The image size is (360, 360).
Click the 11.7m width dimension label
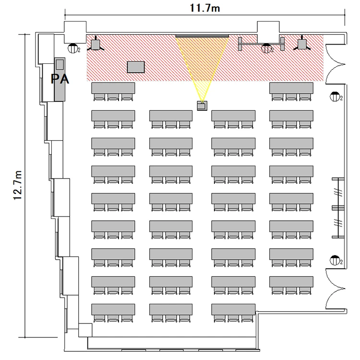click(x=205, y=8)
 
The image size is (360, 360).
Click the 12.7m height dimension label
click(x=17, y=185)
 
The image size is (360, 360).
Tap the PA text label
click(x=60, y=79)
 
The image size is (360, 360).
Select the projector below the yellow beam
click(x=202, y=106)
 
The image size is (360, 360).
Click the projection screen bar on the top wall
click(x=202, y=36)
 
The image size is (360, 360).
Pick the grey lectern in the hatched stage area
click(x=136, y=67)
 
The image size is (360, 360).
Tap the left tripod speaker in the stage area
click(x=96, y=44)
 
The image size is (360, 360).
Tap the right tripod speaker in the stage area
click(x=302, y=44)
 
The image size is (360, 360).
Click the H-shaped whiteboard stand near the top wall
click(x=261, y=44)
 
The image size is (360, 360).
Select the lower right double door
click(x=336, y=289)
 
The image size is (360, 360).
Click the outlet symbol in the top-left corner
click(x=73, y=48)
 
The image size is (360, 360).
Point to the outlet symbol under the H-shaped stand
click(x=266, y=48)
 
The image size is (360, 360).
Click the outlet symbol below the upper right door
click(x=335, y=96)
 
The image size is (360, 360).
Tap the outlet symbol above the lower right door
click(x=335, y=260)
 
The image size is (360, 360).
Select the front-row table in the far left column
click(x=113, y=88)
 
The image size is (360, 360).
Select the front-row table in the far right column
click(x=291, y=88)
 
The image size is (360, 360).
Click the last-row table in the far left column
click(x=113, y=310)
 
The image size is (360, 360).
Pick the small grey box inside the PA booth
click(x=60, y=64)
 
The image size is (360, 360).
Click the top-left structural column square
click(x=75, y=32)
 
